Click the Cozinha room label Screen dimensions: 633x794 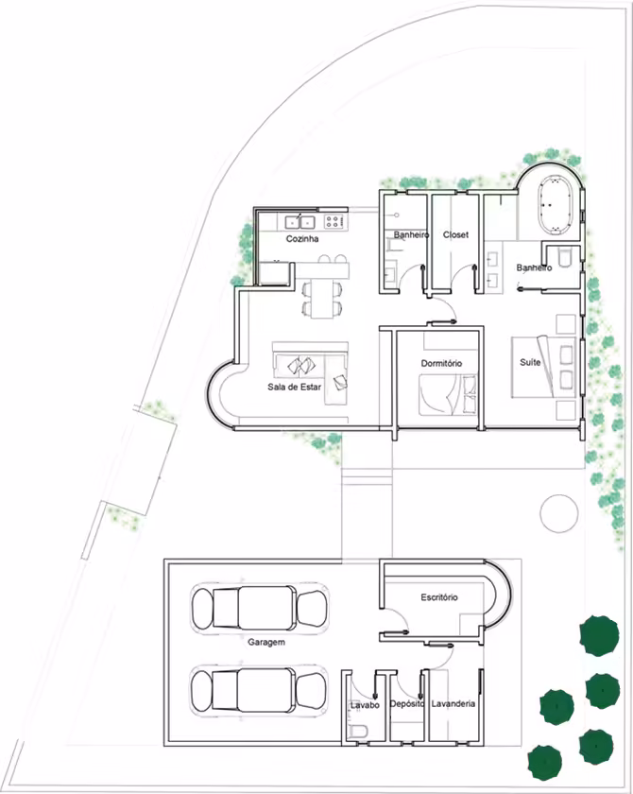302,238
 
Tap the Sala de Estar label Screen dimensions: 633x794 294,387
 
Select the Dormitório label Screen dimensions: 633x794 441,363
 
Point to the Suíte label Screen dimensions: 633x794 530,362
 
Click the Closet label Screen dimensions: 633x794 455,235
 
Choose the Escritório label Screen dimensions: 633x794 439,597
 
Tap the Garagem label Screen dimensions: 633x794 266,642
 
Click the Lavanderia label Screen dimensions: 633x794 453,703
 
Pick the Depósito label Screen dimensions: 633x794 407,704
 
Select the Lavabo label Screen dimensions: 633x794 365,705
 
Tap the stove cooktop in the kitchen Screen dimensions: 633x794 333,221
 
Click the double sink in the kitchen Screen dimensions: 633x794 300,222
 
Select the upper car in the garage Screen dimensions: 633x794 259,608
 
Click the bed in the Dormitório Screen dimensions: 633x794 448,395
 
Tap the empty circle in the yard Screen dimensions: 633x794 558,513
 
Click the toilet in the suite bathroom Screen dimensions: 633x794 565,256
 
